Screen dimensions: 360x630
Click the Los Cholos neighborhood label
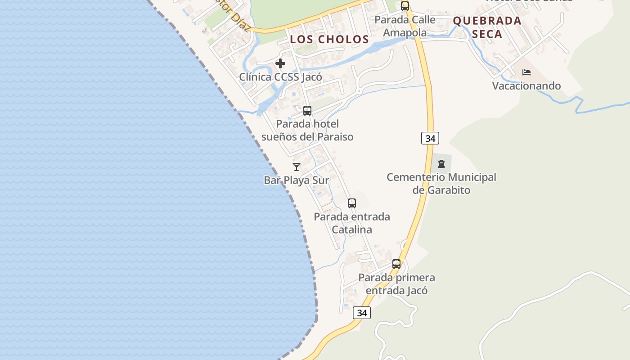pyautogui.click(x=329, y=39)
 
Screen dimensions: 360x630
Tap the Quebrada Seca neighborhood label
pyautogui.click(x=487, y=27)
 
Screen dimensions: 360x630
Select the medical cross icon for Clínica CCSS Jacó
pyautogui.click(x=280, y=63)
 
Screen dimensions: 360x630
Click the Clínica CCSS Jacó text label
pyautogui.click(x=280, y=77)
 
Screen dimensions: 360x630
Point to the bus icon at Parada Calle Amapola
pyautogui.click(x=405, y=6)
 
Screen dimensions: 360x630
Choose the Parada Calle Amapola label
pyautogui.click(x=405, y=26)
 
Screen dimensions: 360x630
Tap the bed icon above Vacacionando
pyautogui.click(x=526, y=72)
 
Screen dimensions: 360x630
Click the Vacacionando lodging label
pyautogui.click(x=526, y=86)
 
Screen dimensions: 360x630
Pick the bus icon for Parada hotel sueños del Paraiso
pyautogui.click(x=307, y=111)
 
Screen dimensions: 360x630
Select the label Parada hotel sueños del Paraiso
pyautogui.click(x=307, y=130)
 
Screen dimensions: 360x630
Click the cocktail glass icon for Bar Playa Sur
pyautogui.click(x=297, y=167)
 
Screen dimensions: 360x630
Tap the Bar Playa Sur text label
pyautogui.click(x=297, y=180)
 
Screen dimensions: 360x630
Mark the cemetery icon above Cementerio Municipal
pyautogui.click(x=441, y=164)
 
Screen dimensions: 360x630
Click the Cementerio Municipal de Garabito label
pyautogui.click(x=441, y=184)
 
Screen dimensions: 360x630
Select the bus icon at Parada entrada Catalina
pyautogui.click(x=352, y=203)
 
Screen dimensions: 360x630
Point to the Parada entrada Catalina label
pyautogui.click(x=352, y=223)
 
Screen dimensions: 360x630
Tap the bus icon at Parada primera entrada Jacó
pyautogui.click(x=396, y=264)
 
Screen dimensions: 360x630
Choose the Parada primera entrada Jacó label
pyautogui.click(x=396, y=284)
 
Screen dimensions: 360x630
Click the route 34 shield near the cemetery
pyautogui.click(x=430, y=138)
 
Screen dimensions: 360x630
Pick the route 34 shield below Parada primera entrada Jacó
pyautogui.click(x=362, y=313)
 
